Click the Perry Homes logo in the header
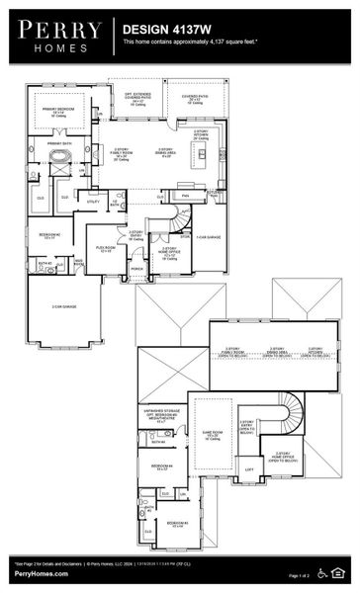55,38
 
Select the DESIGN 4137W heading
165,31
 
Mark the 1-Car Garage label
207,237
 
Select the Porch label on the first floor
136,268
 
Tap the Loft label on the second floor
248,469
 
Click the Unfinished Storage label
159,416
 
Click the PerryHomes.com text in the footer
41,574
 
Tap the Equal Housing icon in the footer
340,570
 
